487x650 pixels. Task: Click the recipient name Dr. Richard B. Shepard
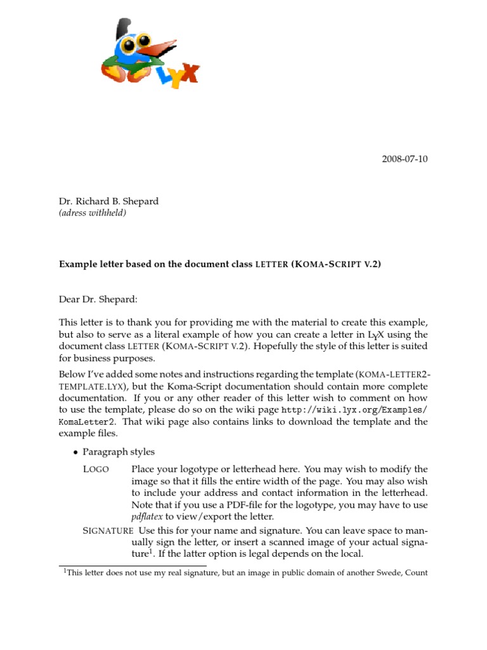coord(108,201)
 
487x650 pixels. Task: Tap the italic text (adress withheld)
coord(93,213)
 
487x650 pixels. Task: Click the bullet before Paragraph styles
coord(76,453)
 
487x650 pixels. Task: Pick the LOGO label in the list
coord(96,469)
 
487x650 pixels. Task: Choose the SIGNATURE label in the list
coord(108,530)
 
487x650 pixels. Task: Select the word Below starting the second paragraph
coord(71,374)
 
